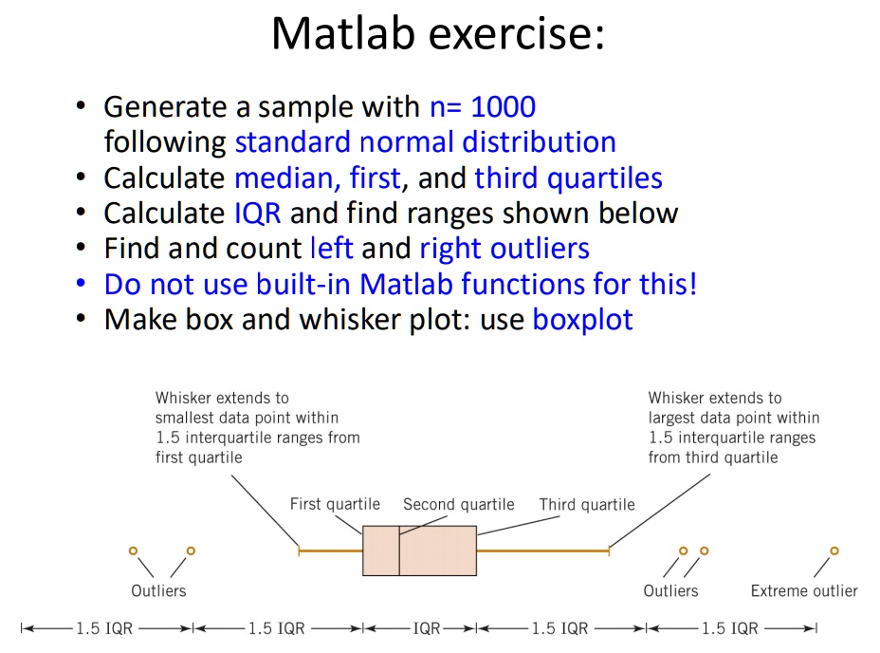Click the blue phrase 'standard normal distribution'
[425, 142]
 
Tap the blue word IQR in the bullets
[257, 213]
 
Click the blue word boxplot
[582, 319]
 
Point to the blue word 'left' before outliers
[331, 249]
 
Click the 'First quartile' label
[335, 504]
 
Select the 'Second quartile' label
[458, 504]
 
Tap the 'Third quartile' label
[587, 505]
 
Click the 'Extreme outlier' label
[803, 590]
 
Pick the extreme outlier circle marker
[834, 550]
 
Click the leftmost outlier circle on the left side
[133, 550]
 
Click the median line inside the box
[399, 550]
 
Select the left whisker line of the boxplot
[331, 550]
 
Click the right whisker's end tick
[608, 550]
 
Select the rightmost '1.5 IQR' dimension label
[730, 628]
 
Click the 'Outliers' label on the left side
[158, 590]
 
